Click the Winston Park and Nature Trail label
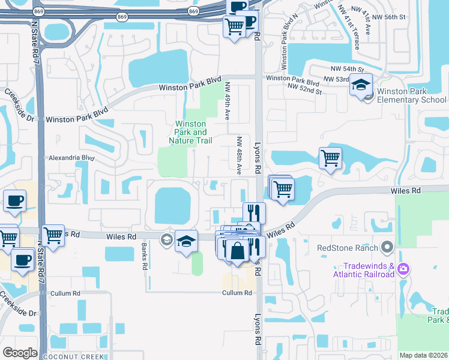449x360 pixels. (x=191, y=133)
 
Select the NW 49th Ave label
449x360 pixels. (x=228, y=101)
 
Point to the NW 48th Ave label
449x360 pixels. (x=239, y=155)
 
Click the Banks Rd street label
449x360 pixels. (x=144, y=256)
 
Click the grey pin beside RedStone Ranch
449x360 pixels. (x=387, y=247)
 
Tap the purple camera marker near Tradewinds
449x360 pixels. (x=405, y=268)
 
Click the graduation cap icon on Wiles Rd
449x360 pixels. (x=187, y=241)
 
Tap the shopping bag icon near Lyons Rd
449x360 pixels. (x=238, y=250)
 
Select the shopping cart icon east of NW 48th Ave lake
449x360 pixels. (x=330, y=159)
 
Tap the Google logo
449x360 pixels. (x=20, y=352)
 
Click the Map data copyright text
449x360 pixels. (x=423, y=355)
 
